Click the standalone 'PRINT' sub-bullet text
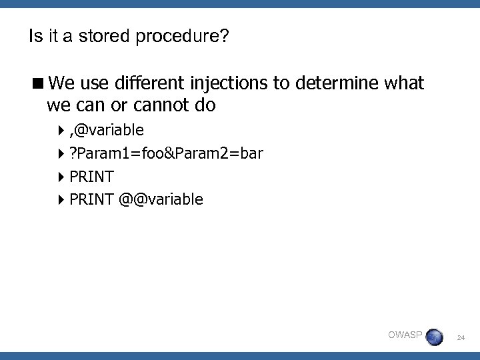(91, 177)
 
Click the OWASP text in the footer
(405, 335)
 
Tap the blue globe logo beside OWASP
(435, 337)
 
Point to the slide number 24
(461, 339)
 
